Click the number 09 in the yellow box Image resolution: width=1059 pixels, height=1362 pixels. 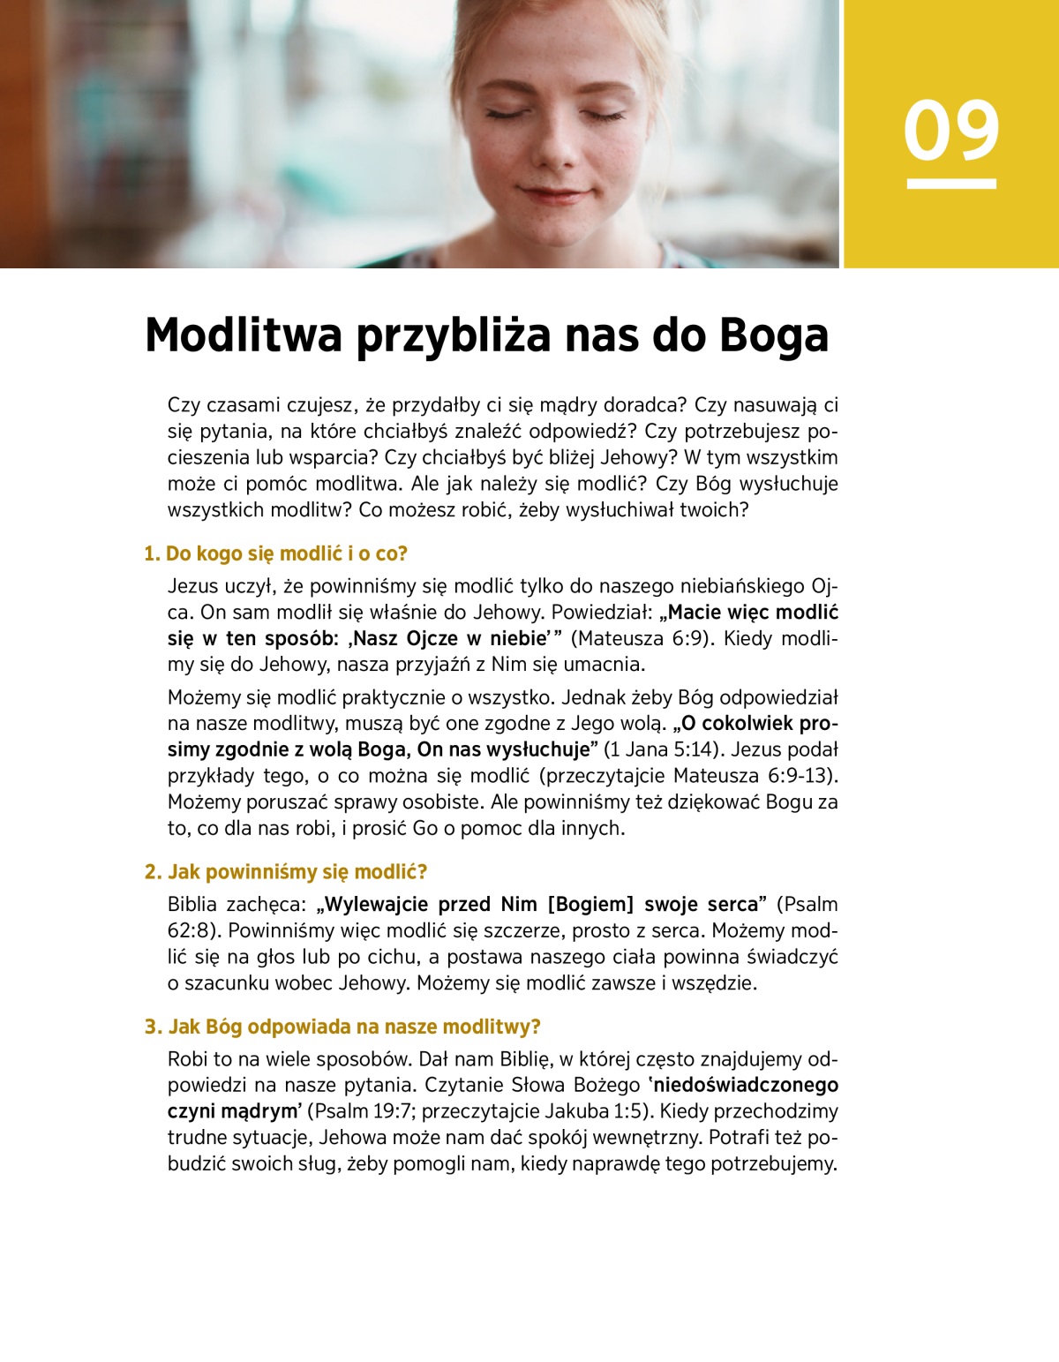(x=950, y=131)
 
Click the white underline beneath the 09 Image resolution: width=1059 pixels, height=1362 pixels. (x=950, y=184)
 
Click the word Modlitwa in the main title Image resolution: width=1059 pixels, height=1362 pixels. (x=243, y=335)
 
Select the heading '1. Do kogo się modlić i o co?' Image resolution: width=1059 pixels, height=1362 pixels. (x=275, y=553)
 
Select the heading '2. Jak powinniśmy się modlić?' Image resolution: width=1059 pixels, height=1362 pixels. (x=286, y=871)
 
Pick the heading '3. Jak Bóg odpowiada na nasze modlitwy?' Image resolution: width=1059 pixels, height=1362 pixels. (x=342, y=1027)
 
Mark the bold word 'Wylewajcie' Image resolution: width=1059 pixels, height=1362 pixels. (x=377, y=904)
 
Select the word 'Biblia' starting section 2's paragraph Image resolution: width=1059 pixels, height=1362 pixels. (x=192, y=904)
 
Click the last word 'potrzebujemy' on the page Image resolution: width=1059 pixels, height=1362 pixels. (x=773, y=1163)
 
